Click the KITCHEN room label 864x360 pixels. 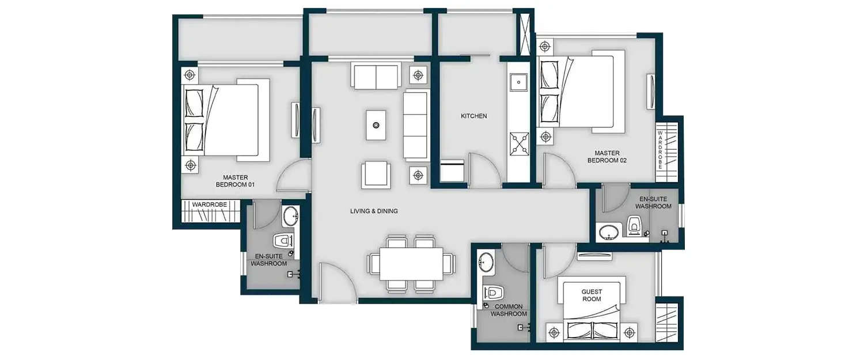coord(473,116)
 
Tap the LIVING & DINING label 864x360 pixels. coord(374,211)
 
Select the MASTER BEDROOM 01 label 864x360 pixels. coord(235,181)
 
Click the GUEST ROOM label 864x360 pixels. coord(591,295)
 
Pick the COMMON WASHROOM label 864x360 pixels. coord(509,310)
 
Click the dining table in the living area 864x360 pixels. coord(411,263)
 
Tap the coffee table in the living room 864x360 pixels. coord(376,125)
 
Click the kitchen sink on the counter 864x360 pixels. coord(518,83)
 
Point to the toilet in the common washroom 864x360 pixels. coord(494,292)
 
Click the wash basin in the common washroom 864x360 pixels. coord(486,261)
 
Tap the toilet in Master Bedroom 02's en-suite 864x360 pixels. coord(634,225)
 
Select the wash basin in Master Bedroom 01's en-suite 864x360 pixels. coord(290,217)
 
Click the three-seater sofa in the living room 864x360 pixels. coord(415,125)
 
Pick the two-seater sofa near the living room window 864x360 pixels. coord(376,77)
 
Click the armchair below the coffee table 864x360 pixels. coord(376,174)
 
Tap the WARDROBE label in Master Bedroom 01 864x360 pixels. coord(210,204)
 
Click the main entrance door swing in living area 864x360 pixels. coord(336,282)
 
